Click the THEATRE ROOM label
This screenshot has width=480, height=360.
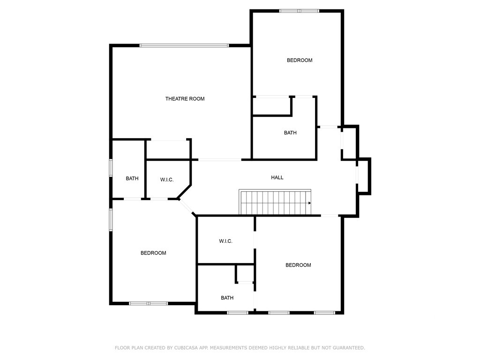185,99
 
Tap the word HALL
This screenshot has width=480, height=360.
277,178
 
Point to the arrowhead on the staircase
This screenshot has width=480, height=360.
309,203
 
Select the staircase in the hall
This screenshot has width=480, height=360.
275,202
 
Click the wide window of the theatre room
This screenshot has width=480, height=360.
184,45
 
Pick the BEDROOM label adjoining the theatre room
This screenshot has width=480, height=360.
300,60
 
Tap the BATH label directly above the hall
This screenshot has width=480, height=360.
290,133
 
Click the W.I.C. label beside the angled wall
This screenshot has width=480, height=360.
167,180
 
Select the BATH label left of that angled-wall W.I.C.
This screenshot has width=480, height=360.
132,179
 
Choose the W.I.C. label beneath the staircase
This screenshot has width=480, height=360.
225,241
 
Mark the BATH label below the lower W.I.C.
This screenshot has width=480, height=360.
227,298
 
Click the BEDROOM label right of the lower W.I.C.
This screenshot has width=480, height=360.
298,265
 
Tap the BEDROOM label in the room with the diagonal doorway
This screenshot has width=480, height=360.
153,253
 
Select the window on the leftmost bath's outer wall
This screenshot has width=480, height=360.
111,168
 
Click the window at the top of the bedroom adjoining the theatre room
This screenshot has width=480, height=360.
299,11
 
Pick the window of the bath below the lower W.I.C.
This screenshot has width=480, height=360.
238,313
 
